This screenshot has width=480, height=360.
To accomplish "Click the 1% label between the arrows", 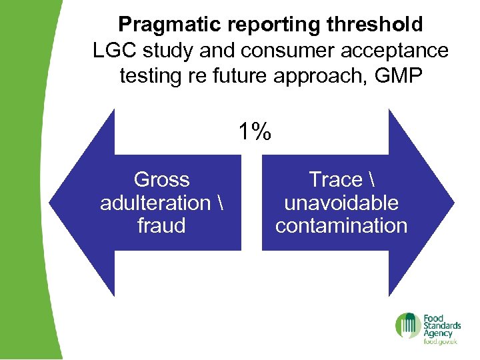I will pos(255,132).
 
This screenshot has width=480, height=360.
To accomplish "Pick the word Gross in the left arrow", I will pos(161,179).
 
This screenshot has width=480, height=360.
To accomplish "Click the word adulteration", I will pos(155,202).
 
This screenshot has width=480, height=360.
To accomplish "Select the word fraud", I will pos(161,225).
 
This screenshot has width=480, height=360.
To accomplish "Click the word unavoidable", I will pos(341,202).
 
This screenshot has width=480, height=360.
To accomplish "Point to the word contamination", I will pos(341,225).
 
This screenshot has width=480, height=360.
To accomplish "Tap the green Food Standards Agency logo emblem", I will pos(408,326).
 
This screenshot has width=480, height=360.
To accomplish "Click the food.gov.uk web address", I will pos(440,342).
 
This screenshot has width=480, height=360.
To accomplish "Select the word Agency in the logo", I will pos(438,333).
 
